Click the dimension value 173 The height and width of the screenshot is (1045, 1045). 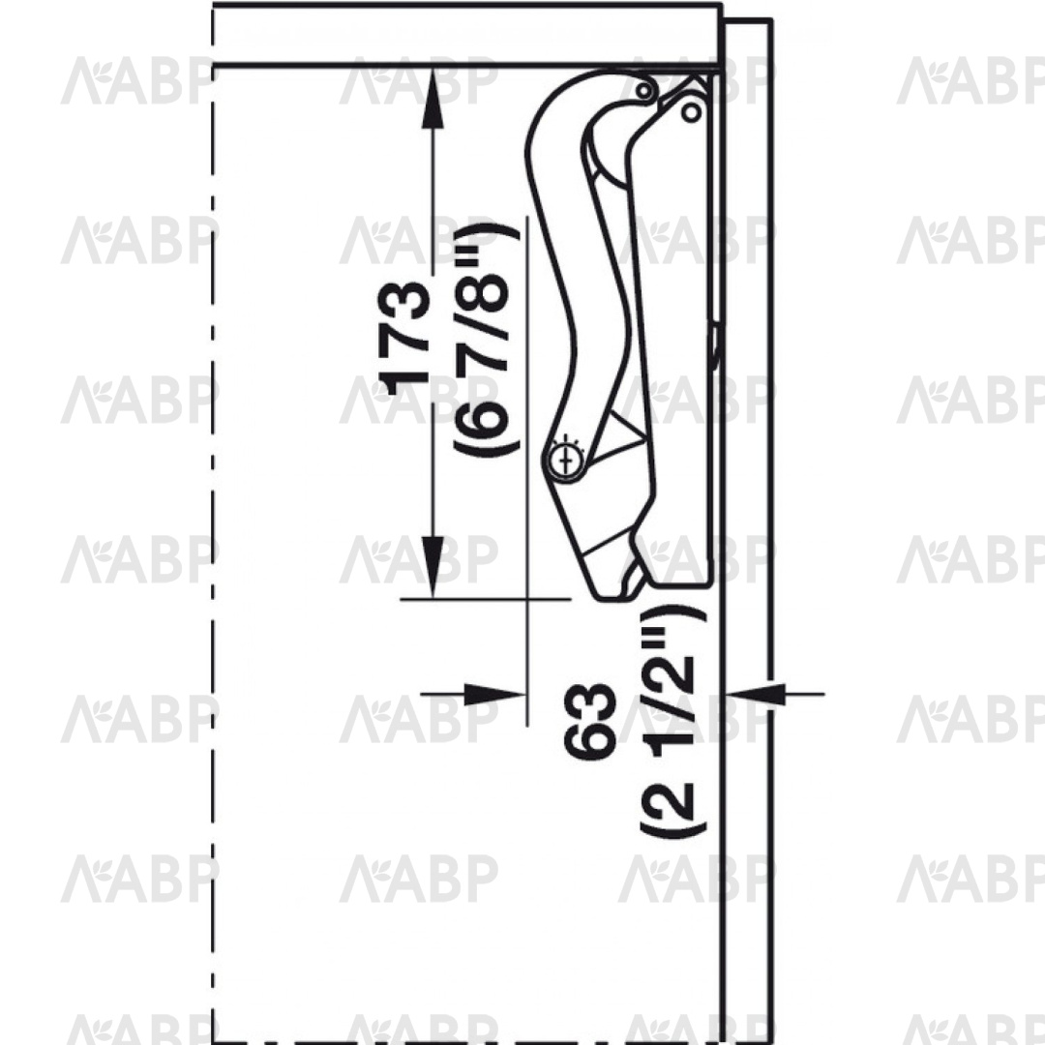(x=403, y=338)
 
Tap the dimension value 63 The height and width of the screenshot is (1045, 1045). (x=589, y=721)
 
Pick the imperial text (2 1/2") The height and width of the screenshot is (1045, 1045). (x=673, y=721)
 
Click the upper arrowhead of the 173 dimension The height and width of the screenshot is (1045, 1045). (x=433, y=97)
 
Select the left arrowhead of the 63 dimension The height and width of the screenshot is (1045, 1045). (x=493, y=694)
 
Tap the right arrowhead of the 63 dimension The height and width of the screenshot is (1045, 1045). (x=753, y=694)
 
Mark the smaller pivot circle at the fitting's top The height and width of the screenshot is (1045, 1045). (x=643, y=91)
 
